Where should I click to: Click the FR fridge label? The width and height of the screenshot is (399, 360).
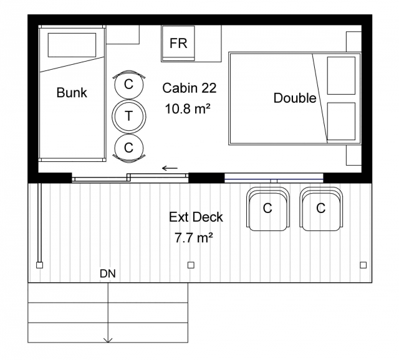[x=178, y=43]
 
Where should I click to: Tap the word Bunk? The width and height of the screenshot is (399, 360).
[x=72, y=92]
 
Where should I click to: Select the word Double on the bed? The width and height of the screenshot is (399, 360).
[x=295, y=98]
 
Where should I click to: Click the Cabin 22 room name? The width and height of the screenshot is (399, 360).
[x=190, y=88]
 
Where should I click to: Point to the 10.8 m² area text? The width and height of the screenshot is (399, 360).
[x=188, y=109]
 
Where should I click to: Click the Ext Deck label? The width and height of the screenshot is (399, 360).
[x=196, y=217]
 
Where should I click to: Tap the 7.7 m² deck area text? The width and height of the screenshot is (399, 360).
[x=194, y=238]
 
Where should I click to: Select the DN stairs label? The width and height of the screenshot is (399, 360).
[x=108, y=273]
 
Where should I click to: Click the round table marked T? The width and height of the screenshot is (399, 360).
[x=129, y=116]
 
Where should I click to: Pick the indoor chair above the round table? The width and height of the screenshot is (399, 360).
[x=129, y=84]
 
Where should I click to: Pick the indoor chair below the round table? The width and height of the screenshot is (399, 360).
[x=129, y=148]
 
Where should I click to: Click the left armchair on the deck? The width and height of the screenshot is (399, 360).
[x=268, y=209]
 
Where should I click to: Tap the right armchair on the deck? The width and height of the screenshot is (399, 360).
[x=321, y=209]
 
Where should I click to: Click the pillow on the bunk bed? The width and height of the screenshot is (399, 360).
[x=72, y=45]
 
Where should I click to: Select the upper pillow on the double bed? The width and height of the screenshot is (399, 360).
[x=341, y=75]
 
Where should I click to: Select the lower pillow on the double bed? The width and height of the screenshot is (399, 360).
[x=341, y=121]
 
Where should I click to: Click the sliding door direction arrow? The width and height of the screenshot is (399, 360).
[x=170, y=168]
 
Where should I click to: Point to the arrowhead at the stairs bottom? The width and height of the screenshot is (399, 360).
[x=108, y=340]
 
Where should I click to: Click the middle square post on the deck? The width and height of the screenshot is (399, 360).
[x=191, y=265]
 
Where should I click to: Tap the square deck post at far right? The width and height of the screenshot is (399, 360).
[x=363, y=265]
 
